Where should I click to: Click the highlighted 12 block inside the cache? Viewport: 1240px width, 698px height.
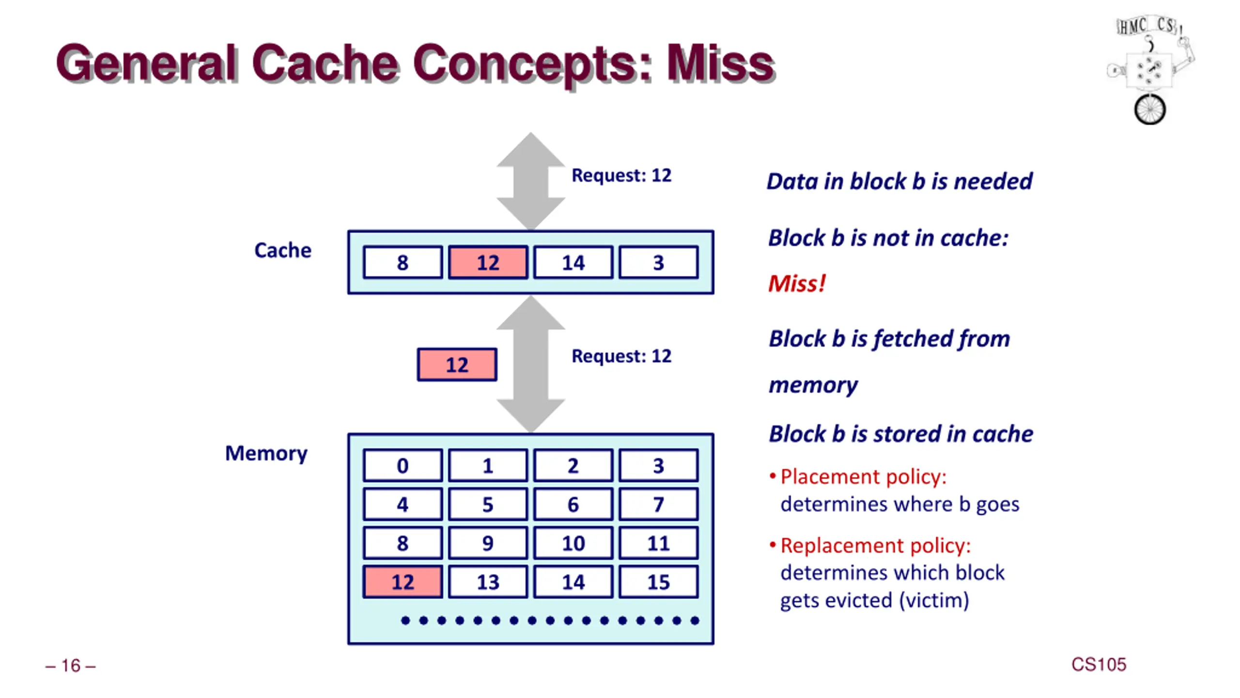488,262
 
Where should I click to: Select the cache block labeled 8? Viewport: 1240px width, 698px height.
403,262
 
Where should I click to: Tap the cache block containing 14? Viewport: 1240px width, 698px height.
573,262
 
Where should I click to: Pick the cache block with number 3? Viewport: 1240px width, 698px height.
658,262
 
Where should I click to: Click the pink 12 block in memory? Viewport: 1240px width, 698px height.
403,582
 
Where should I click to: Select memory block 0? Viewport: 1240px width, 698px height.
403,465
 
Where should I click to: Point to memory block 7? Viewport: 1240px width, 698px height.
658,504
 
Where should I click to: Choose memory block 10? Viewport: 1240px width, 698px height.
573,543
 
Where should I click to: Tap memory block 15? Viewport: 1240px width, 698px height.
658,582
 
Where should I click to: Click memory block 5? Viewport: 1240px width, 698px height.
488,504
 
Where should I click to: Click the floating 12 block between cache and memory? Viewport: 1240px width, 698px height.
457,365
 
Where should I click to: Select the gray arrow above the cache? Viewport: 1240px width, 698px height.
531,181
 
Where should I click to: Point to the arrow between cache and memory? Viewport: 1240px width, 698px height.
531,364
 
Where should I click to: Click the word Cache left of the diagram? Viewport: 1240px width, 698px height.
283,250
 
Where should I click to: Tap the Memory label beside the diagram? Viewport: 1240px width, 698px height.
266,454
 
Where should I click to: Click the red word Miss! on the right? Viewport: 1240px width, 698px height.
797,283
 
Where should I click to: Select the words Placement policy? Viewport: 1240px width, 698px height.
864,476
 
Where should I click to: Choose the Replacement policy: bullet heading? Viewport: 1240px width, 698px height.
876,545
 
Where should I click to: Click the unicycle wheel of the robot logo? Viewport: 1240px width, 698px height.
1150,109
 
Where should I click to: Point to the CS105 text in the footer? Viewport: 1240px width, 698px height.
1099,665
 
